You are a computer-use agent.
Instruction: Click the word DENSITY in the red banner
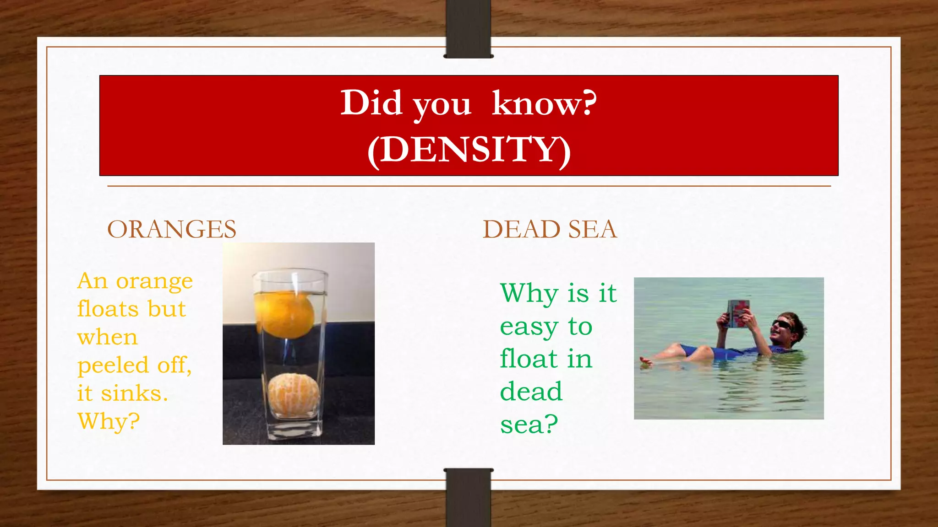click(x=469, y=150)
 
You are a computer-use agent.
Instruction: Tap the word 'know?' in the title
click(x=544, y=103)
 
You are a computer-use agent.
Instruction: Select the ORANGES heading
click(x=172, y=229)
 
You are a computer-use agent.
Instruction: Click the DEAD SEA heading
click(x=550, y=229)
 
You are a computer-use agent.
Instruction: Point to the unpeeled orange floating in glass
click(x=285, y=315)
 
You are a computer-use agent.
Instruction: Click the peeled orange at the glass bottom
click(x=293, y=394)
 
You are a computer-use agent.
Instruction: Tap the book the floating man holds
click(x=738, y=313)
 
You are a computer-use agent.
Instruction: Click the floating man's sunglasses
click(x=782, y=325)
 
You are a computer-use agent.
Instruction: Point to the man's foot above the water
click(x=646, y=361)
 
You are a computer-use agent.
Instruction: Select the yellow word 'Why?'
click(x=109, y=421)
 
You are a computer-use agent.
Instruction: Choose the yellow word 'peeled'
click(x=113, y=366)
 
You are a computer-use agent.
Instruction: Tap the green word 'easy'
click(x=529, y=327)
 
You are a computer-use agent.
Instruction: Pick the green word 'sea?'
click(x=529, y=425)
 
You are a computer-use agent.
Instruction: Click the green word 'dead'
click(x=531, y=392)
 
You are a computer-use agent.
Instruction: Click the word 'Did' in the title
click(x=371, y=103)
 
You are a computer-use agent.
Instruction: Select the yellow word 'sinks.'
click(x=134, y=393)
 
